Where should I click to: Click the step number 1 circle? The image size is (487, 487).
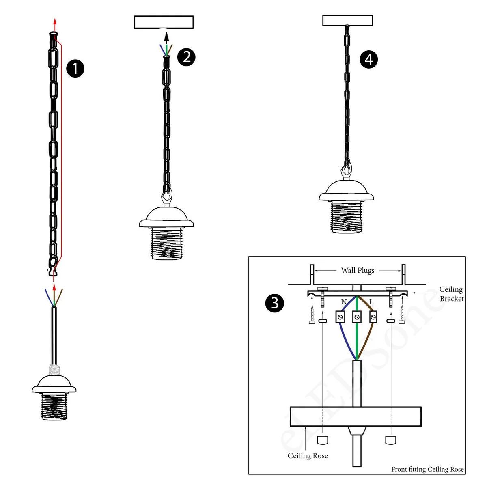click(75, 68)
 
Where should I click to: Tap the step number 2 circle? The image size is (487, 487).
click(187, 57)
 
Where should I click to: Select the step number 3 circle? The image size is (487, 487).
click(275, 303)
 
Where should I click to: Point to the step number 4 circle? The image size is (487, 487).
click(368, 59)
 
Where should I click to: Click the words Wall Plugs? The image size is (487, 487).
click(358, 271)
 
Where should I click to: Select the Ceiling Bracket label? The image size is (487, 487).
click(451, 294)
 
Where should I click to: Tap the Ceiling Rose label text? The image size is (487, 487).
click(308, 456)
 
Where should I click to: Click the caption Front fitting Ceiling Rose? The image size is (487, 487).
click(427, 469)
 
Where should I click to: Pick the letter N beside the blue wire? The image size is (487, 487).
click(344, 302)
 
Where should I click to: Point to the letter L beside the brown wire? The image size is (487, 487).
click(371, 302)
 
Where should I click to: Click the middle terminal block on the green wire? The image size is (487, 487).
click(357, 317)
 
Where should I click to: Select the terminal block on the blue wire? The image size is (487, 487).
click(340, 317)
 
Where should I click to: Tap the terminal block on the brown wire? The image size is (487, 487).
click(373, 317)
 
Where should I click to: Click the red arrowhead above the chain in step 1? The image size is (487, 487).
click(55, 22)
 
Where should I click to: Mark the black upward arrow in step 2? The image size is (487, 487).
click(166, 39)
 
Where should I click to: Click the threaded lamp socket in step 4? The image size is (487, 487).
click(346, 217)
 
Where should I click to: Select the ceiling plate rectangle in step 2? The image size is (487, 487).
click(164, 22)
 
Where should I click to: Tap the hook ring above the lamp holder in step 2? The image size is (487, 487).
click(166, 198)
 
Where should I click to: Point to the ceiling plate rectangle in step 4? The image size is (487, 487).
click(347, 20)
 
